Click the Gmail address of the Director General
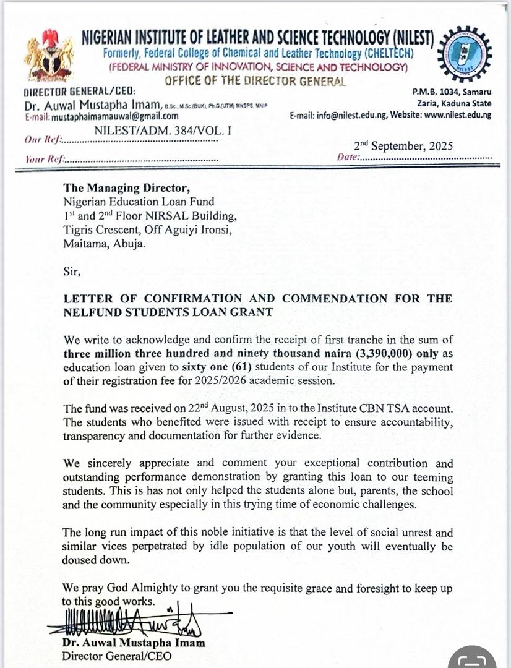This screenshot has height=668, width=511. click(x=102, y=116)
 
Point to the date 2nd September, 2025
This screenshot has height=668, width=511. click(x=403, y=147)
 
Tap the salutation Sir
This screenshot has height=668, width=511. click(x=72, y=270)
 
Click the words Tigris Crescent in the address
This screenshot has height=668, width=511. click(x=100, y=229)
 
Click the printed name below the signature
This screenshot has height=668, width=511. click(x=133, y=643)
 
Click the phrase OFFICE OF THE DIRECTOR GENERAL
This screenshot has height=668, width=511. click(x=255, y=80)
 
